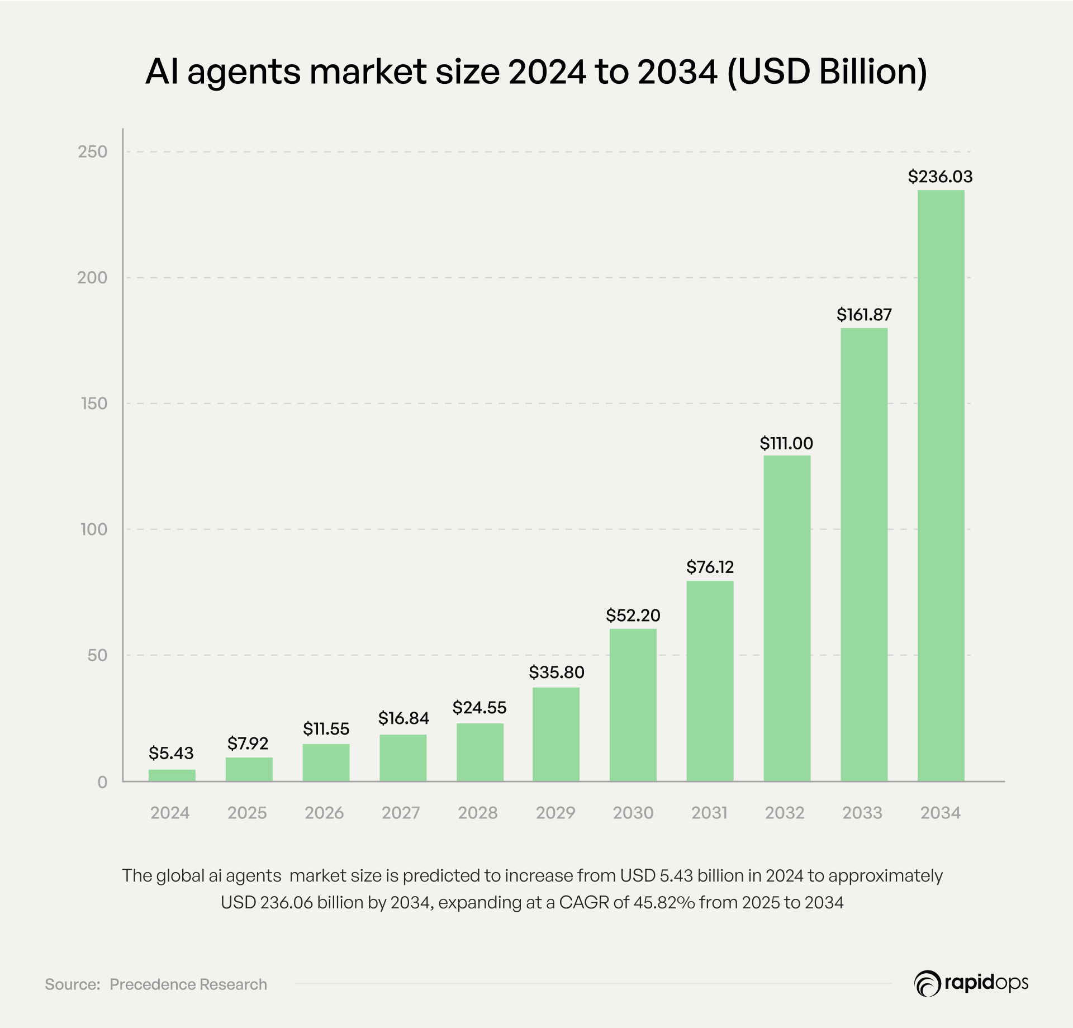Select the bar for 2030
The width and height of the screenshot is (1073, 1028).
point(633,705)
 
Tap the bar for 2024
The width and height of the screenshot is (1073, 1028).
point(172,775)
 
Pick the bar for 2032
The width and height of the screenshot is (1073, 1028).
point(787,618)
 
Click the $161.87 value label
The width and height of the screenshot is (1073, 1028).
point(864,315)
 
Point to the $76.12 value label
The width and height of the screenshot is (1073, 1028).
point(710,567)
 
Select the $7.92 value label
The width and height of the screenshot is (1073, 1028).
point(248,743)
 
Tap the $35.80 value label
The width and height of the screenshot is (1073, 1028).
point(556,672)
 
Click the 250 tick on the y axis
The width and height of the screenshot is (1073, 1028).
point(92,152)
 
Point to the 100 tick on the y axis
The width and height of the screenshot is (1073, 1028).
point(93,529)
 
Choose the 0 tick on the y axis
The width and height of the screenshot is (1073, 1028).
point(102,782)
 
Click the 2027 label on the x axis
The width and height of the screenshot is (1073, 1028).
point(401,813)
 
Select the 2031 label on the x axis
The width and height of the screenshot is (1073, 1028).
point(709,813)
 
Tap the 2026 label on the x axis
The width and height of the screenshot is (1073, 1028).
point(324,813)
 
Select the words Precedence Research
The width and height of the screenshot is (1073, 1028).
point(188,984)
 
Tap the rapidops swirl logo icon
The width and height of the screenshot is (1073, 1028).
point(927,983)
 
